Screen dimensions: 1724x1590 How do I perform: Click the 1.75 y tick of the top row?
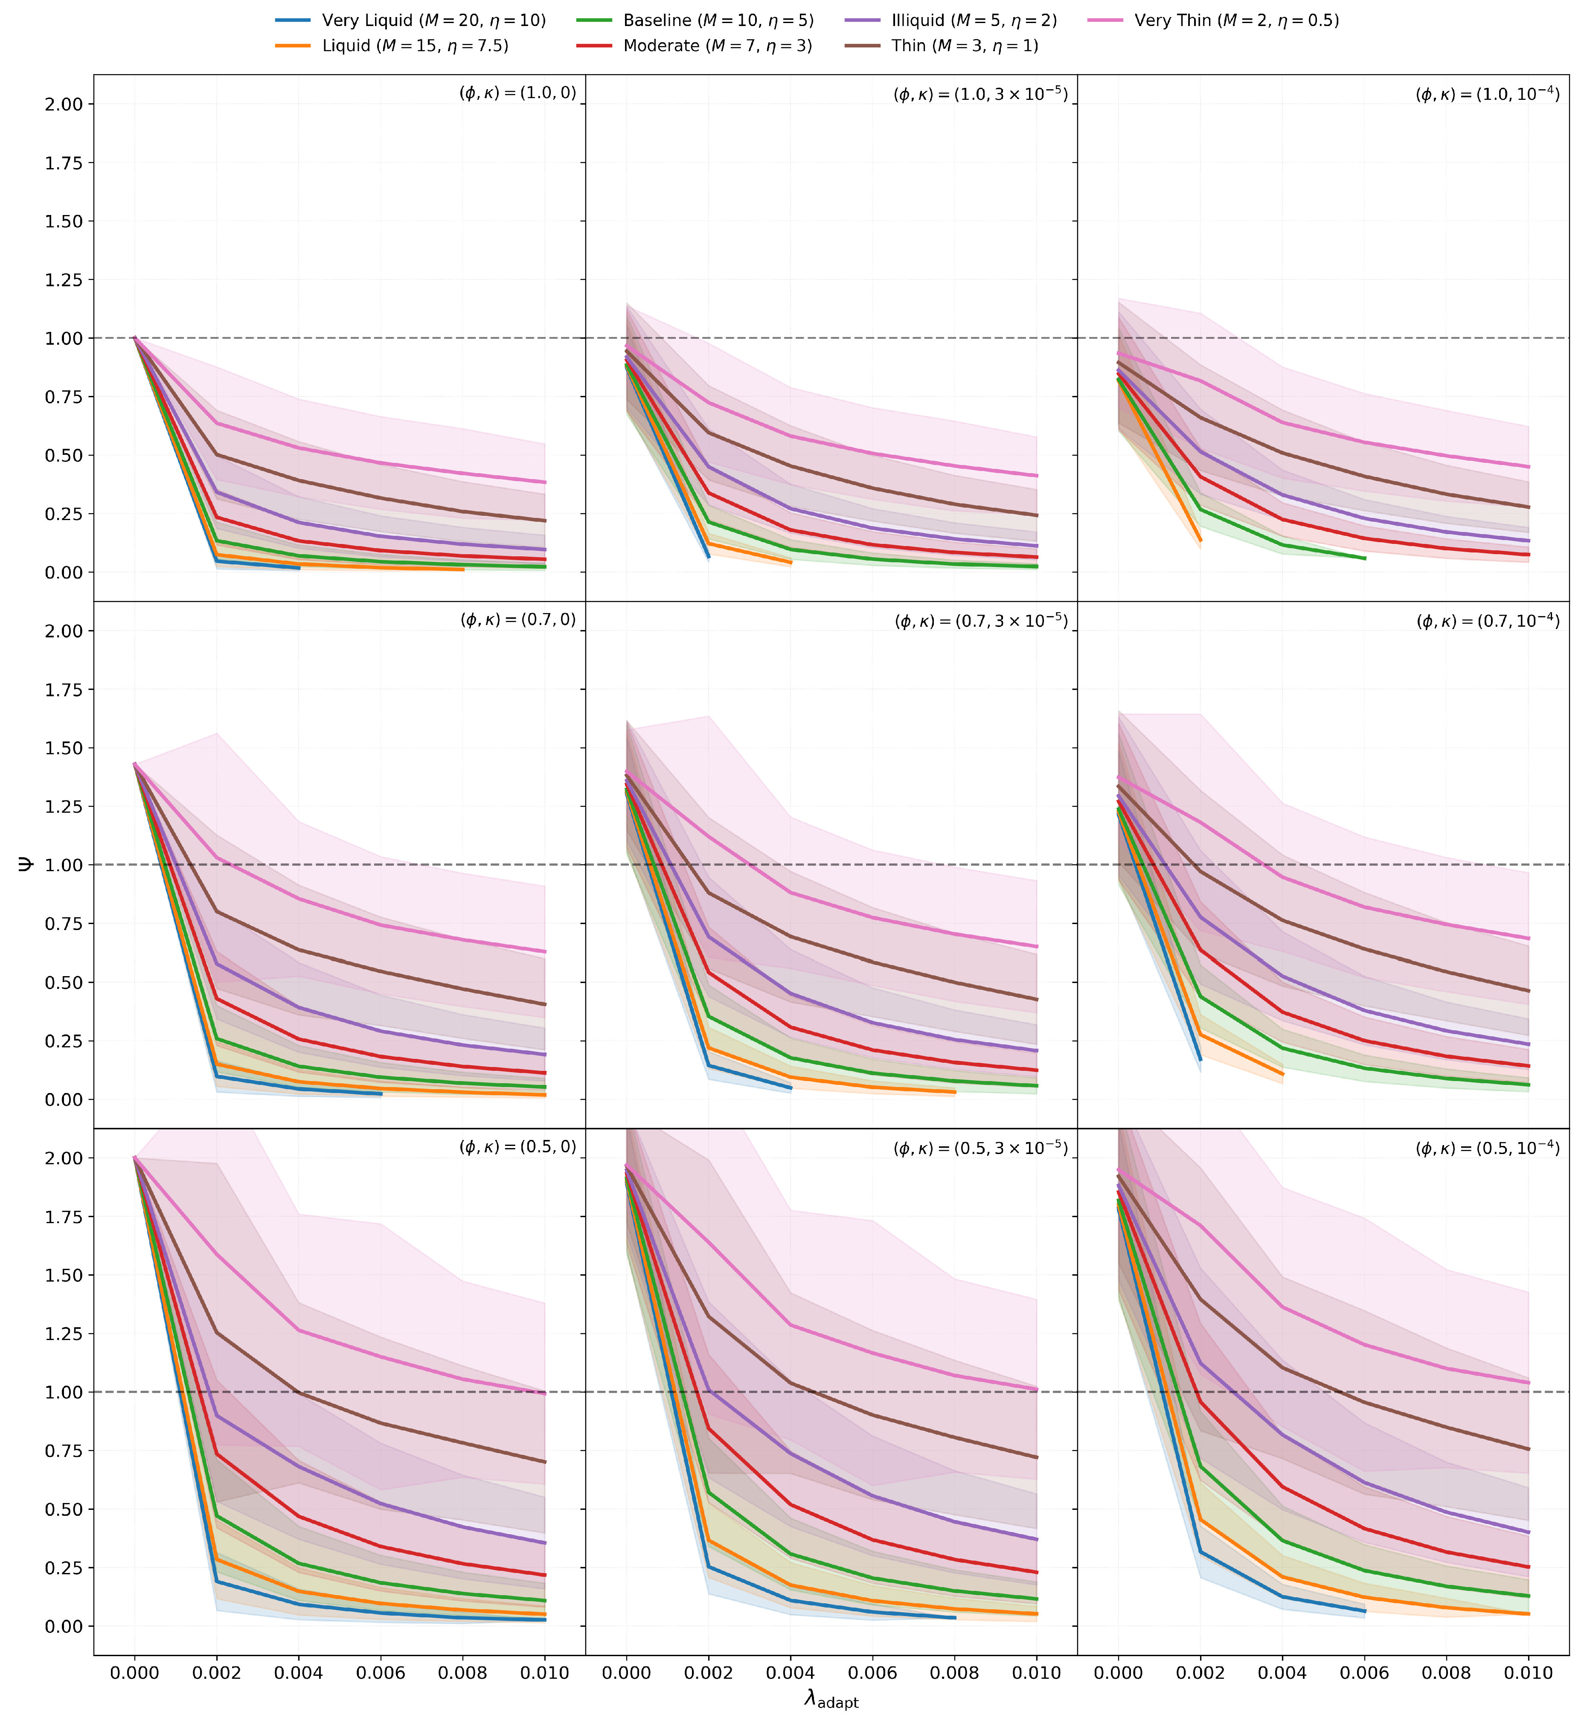click(x=64, y=163)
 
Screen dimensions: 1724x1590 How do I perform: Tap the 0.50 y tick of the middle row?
click(x=64, y=983)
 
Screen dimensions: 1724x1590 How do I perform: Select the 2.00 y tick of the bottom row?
click(x=64, y=1158)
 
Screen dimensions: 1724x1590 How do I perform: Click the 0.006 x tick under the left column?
click(x=381, y=1672)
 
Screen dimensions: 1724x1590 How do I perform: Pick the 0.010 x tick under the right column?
click(x=1529, y=1672)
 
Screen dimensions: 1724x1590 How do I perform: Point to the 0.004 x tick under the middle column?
click(x=791, y=1672)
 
